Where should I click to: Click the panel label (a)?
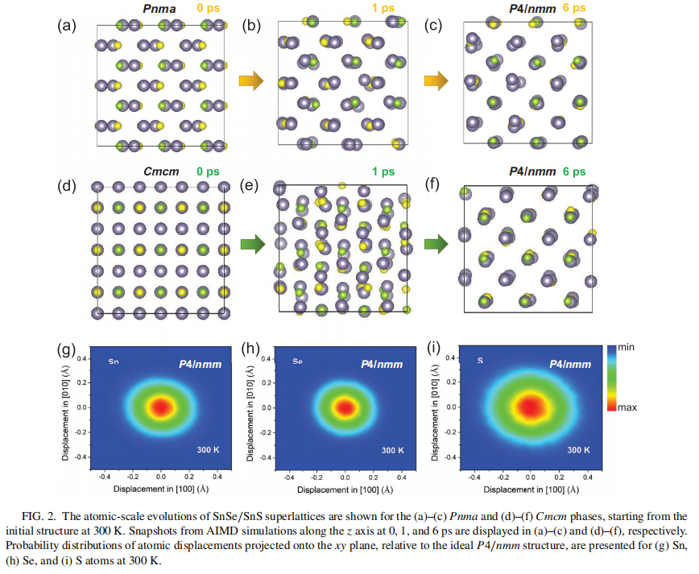tap(67, 24)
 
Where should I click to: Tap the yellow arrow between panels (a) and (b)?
tap(251, 80)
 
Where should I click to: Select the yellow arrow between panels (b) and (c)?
tap(436, 80)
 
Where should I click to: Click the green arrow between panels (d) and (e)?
tap(251, 243)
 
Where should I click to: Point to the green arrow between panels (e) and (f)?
tap(436, 243)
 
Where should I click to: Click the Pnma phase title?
tap(158, 9)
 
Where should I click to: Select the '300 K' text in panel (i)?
tap(577, 450)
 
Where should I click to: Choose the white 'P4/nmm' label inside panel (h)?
tap(385, 365)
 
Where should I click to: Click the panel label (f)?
tap(434, 188)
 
